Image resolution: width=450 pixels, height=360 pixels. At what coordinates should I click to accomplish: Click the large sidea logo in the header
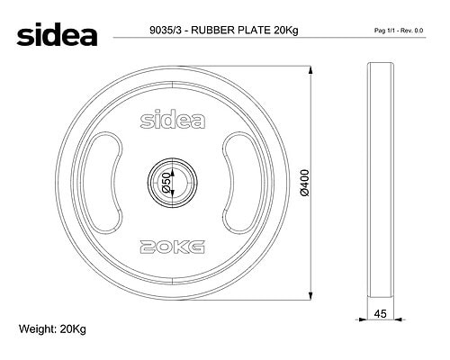click(x=57, y=34)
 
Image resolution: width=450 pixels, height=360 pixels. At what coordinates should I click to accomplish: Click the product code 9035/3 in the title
click(x=166, y=31)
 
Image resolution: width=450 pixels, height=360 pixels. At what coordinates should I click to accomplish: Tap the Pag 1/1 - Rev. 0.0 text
click(x=399, y=31)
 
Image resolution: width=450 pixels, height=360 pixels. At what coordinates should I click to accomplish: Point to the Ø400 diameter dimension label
click(x=304, y=183)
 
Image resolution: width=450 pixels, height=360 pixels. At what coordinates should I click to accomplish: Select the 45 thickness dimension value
click(x=381, y=314)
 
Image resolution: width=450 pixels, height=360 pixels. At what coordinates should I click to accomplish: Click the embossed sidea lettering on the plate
click(x=173, y=121)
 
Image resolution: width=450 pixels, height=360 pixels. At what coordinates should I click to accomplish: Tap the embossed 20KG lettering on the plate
click(x=173, y=247)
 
